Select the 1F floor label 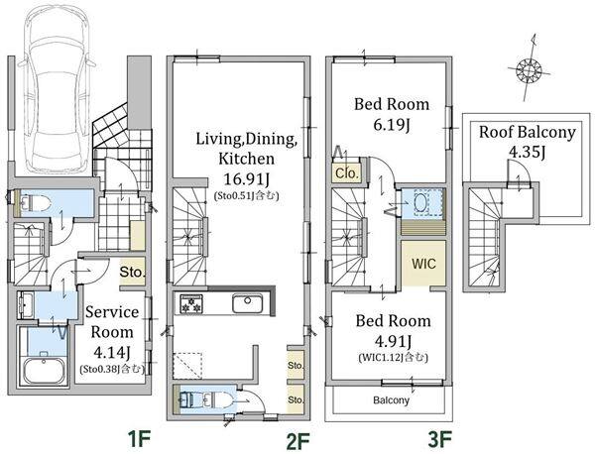[x=140, y=439]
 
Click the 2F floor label [x=298, y=440]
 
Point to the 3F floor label [x=439, y=440]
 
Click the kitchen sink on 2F [x=247, y=303]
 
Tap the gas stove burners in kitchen [x=191, y=304]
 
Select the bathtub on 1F [x=44, y=370]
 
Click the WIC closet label [x=423, y=264]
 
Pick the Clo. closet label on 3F [x=347, y=173]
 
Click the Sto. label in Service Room [x=132, y=272]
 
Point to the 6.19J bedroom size [x=392, y=125]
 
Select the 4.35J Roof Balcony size [x=527, y=152]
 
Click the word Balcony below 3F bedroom [x=391, y=400]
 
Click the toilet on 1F [x=34, y=202]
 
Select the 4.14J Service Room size [x=112, y=353]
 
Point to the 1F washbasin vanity [x=26, y=305]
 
